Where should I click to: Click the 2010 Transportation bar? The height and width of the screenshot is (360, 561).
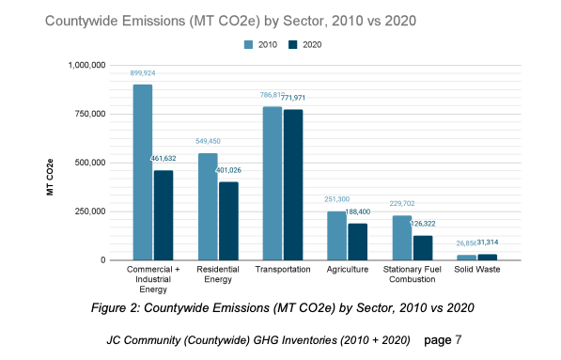(x=272, y=183)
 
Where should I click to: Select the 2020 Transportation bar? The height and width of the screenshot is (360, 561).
(x=293, y=184)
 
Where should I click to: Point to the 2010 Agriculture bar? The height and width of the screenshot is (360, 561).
(x=336, y=235)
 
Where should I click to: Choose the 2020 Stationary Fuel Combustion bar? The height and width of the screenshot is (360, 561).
(x=423, y=247)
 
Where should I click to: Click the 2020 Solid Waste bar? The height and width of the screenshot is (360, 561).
(x=488, y=257)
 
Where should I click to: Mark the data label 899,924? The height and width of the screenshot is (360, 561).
(x=142, y=73)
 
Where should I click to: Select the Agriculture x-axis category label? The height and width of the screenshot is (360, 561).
(x=348, y=270)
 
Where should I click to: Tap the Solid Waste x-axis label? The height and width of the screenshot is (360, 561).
(x=477, y=270)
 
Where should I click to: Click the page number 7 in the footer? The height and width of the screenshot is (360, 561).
(x=458, y=337)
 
